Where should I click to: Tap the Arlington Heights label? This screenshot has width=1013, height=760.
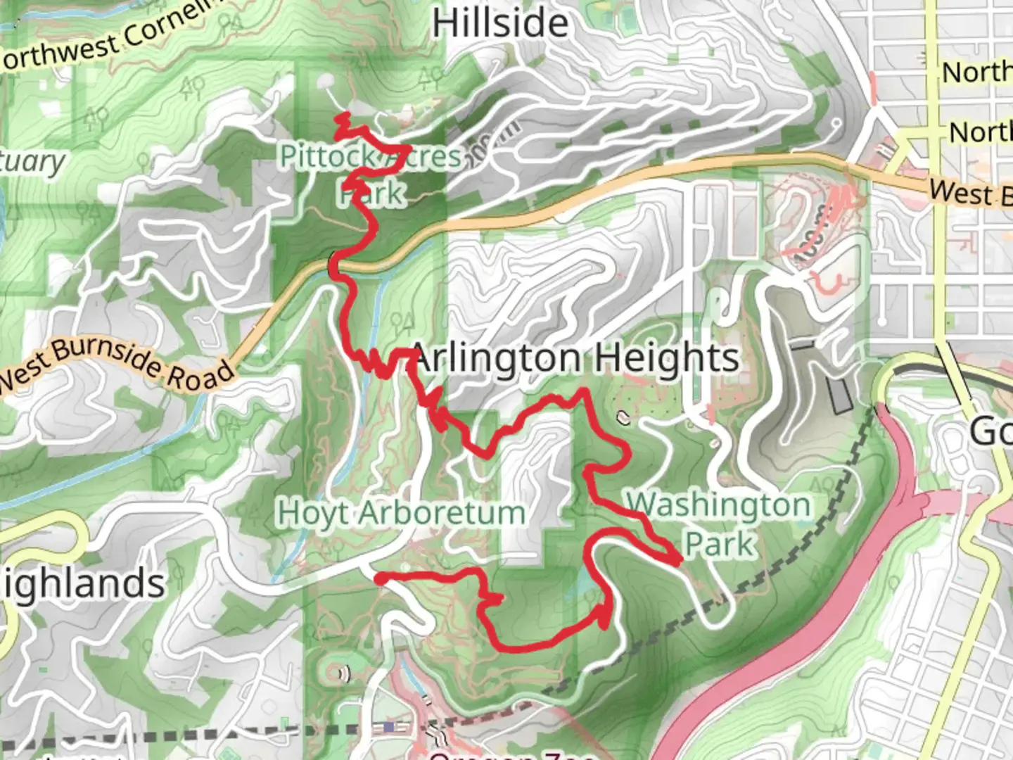[574, 357]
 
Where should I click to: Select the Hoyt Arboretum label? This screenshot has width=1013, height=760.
[402, 512]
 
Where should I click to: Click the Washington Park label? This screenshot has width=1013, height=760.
[718, 524]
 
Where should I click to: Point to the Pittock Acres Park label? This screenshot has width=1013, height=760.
[371, 174]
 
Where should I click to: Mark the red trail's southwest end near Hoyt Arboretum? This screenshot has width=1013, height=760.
[378, 578]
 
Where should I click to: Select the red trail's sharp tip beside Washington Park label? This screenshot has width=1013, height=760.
[678, 561]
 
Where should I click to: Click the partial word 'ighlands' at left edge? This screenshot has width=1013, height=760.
[82, 583]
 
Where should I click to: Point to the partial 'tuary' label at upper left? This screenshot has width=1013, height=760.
[31, 161]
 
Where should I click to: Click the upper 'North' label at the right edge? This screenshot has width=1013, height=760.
[978, 72]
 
